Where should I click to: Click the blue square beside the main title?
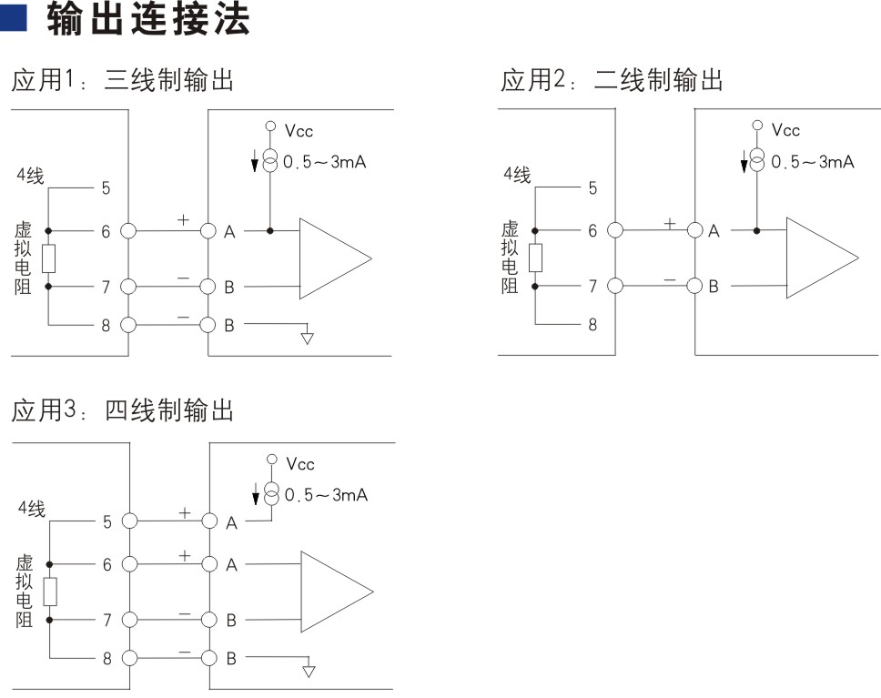tap(13, 17)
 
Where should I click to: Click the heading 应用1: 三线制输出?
tap(122, 80)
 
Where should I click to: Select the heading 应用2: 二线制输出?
tap(612, 80)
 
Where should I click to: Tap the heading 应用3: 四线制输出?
tap(122, 410)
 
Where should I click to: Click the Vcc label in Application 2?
tap(785, 130)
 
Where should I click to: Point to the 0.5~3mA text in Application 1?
tap(325, 162)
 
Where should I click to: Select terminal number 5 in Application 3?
tap(107, 522)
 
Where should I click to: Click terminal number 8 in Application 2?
tap(592, 324)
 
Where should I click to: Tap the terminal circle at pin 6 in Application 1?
tap(128, 231)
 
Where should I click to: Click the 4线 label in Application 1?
tap(30, 176)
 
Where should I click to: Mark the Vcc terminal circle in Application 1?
tap(271, 126)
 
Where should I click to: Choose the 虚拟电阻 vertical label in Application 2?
tap(510, 257)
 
